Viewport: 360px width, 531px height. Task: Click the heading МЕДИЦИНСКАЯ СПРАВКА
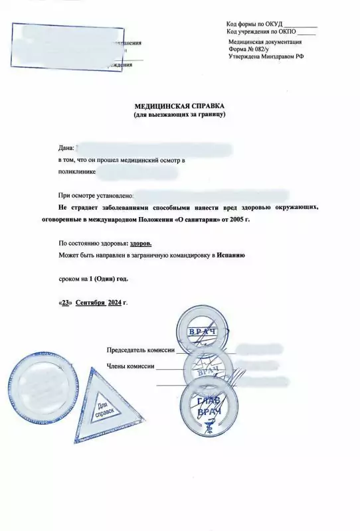point(180,106)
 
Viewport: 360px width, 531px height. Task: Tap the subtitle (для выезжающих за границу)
point(180,115)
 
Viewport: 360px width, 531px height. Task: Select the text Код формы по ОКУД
point(254,25)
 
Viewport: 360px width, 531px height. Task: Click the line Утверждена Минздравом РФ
point(266,57)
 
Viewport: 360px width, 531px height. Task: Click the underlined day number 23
point(66,303)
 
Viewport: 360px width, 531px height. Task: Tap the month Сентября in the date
point(90,303)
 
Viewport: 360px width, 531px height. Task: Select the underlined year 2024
point(116,303)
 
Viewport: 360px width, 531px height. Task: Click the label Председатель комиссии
point(140,350)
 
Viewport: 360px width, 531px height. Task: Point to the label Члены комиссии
point(130,366)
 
